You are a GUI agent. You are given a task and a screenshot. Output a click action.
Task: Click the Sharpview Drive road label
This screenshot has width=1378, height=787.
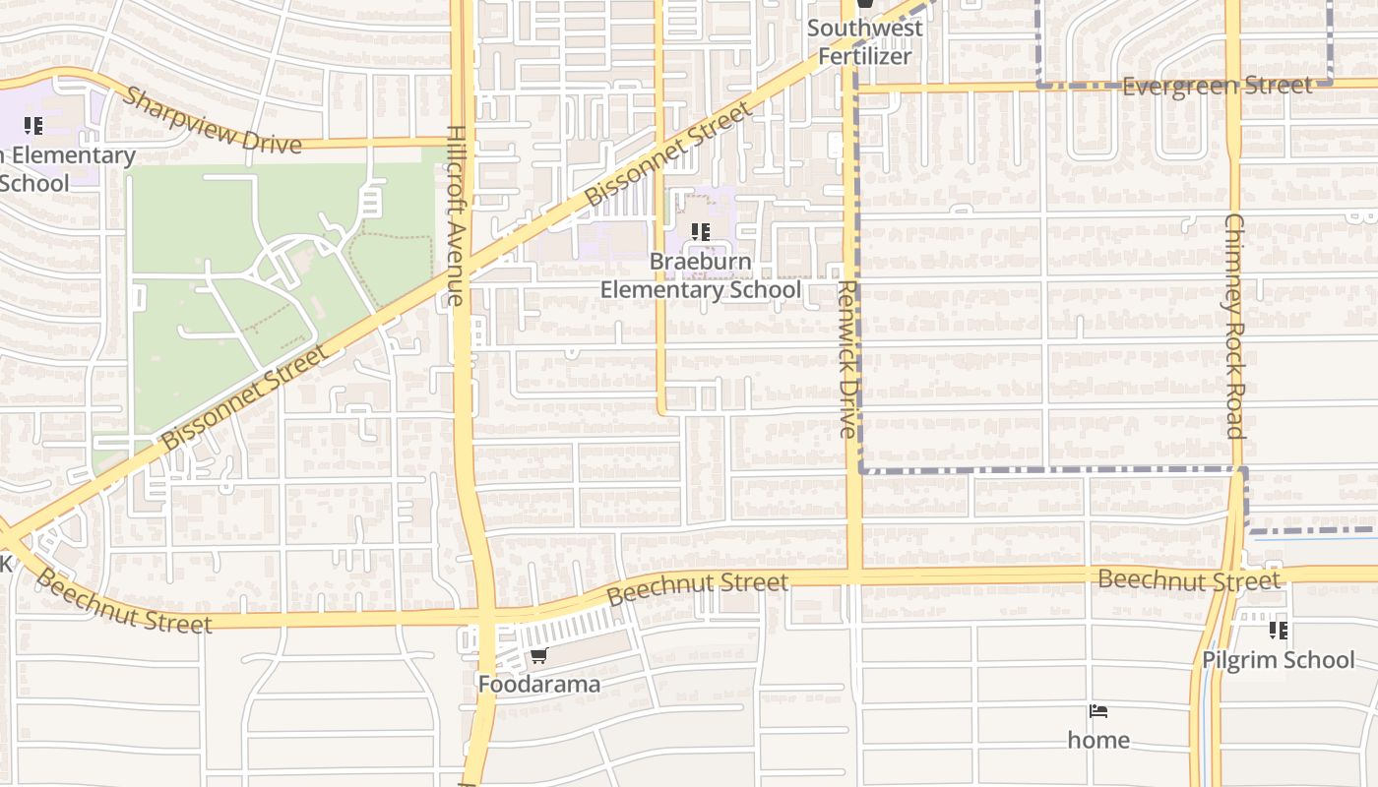[x=212, y=121]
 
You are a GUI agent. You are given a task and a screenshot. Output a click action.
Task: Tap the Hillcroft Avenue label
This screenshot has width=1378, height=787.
[x=456, y=215]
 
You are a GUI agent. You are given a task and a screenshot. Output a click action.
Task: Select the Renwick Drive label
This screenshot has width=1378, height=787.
[x=847, y=358]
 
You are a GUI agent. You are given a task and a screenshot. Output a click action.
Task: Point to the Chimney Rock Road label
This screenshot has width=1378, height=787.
[x=1234, y=326]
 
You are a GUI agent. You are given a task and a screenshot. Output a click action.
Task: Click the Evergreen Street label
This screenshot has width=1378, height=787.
[x=1217, y=86]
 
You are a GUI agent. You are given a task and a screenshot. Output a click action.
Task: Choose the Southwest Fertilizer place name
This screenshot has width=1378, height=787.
[x=865, y=41]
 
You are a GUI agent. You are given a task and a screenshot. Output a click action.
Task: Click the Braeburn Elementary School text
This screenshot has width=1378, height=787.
[x=701, y=276]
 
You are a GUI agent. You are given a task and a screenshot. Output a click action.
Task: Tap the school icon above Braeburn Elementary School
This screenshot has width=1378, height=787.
[x=701, y=232]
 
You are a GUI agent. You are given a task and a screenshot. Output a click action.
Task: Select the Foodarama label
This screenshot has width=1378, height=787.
[x=538, y=684]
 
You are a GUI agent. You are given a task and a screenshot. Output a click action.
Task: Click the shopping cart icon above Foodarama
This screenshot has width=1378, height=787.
[x=538, y=655]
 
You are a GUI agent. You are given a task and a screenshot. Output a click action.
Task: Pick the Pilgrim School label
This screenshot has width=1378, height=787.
[x=1278, y=659]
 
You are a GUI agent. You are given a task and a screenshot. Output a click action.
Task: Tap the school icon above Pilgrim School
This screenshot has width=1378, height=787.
[x=1278, y=630]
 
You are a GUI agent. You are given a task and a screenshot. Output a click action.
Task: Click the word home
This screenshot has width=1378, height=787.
[x=1098, y=740]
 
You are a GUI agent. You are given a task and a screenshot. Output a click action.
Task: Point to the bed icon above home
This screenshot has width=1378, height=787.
[x=1098, y=710]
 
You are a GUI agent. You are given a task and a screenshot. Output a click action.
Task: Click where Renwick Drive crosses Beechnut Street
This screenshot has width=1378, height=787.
[x=853, y=575]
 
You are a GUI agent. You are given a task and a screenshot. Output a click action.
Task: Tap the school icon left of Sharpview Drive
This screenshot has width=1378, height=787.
[x=33, y=125]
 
